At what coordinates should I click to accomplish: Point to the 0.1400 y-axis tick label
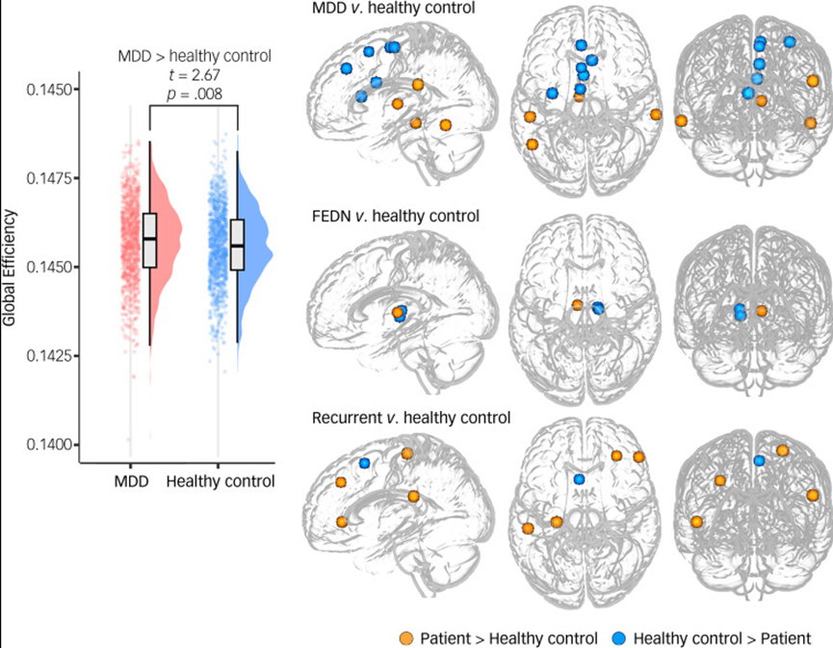(58, 444)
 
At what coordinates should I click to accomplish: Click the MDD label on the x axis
(131, 480)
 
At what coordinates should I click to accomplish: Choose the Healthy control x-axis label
(221, 480)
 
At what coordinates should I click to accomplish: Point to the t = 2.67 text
(194, 74)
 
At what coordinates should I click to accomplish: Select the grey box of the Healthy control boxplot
(238, 245)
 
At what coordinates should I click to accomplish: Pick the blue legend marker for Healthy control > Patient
(620, 636)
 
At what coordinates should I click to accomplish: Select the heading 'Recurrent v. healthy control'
(411, 418)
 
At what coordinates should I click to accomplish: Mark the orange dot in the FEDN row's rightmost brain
(761, 311)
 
